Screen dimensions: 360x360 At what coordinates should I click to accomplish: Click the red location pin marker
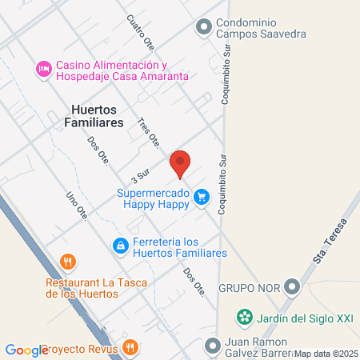coord(181,163)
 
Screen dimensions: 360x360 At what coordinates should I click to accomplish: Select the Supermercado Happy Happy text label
coord(152,199)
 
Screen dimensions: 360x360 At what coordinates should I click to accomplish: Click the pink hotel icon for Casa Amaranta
coord(43,70)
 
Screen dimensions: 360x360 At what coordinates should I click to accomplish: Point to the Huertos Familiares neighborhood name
coord(97,116)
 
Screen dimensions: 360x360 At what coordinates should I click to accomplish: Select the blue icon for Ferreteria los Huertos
coord(120,245)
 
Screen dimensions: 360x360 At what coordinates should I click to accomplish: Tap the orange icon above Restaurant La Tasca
coord(68,262)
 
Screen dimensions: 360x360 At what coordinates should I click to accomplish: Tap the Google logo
coord(26,350)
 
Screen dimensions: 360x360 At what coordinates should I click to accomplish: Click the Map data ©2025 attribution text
coord(325,353)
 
